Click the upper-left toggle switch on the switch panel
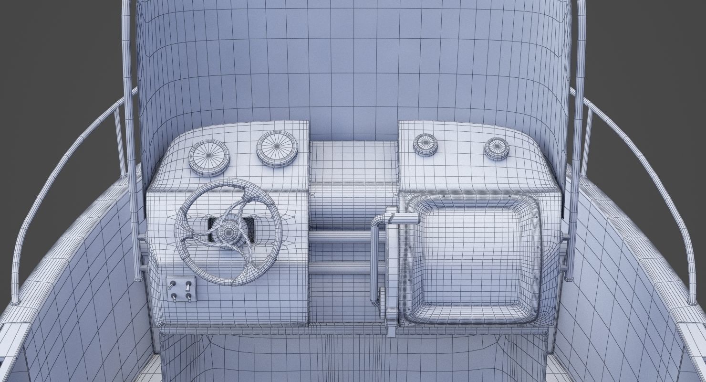[173, 286]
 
